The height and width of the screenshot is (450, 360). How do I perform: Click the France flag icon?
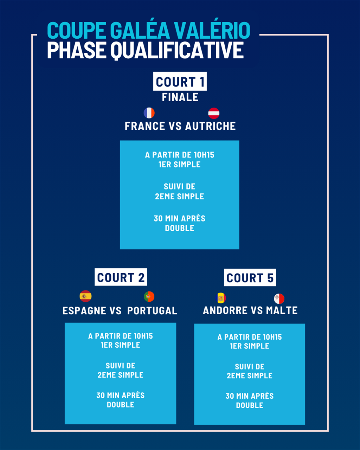coord(149,113)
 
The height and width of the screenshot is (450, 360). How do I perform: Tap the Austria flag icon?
coord(214,113)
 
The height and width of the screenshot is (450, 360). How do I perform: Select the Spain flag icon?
coord(85,296)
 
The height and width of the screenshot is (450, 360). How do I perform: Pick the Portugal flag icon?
coord(149,296)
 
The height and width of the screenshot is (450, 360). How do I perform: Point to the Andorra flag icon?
coord(221,298)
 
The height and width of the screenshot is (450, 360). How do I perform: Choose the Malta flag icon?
coord(279,298)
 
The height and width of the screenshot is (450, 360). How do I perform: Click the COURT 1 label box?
coord(180,81)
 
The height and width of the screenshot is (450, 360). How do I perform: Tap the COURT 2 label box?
coord(121,277)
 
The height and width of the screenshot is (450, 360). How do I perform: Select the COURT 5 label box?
coord(250,277)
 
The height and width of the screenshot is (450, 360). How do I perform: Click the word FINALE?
coord(180,97)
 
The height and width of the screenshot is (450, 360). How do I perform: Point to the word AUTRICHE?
coord(211,126)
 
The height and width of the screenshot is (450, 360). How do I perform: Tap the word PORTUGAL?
coord(152,311)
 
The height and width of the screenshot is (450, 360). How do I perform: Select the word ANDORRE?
coord(225,310)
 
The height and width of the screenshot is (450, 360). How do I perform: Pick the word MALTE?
coord(282,310)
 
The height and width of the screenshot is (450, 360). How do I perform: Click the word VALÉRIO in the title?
coord(212,30)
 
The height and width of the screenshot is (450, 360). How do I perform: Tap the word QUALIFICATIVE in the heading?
coord(177,50)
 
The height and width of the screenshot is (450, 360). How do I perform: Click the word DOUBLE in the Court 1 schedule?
coord(180,228)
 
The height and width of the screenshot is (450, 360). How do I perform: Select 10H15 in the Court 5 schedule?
coord(272,337)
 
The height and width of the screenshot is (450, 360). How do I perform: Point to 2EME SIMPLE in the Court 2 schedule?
coord(121,375)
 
